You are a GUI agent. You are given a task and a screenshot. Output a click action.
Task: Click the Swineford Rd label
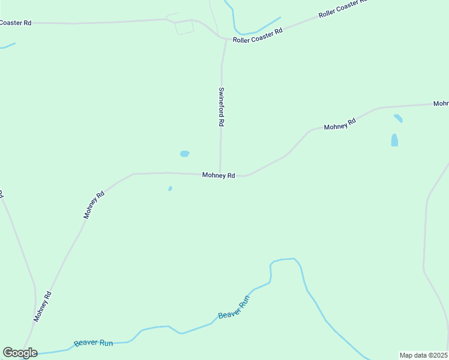(221, 107)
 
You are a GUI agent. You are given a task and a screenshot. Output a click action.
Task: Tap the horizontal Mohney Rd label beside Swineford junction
(218, 175)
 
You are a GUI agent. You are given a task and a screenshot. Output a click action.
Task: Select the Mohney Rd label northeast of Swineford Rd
(340, 124)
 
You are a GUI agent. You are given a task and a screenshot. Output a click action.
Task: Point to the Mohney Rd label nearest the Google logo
(43, 307)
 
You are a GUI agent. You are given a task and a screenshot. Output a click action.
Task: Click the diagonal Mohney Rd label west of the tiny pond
(94, 205)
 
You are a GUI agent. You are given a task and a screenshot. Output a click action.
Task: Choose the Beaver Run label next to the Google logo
(94, 343)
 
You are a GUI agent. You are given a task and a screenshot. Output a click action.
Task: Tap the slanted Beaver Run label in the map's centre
(234, 307)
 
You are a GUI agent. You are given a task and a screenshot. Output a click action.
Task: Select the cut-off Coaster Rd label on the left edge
(16, 23)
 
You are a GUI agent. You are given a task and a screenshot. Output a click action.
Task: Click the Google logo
(20, 353)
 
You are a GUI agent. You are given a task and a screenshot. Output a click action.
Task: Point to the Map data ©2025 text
(424, 355)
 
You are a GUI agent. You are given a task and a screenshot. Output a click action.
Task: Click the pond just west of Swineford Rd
(185, 154)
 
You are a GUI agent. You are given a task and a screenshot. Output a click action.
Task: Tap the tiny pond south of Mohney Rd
(170, 188)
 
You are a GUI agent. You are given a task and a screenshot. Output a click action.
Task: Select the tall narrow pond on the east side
(394, 140)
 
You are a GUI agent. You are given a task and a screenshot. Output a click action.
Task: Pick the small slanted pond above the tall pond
(398, 118)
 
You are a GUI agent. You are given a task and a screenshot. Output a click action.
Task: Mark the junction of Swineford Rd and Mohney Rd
(220, 175)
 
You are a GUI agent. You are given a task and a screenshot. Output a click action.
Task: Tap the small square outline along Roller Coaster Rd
(184, 26)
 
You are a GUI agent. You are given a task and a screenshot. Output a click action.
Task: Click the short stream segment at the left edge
(7, 46)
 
